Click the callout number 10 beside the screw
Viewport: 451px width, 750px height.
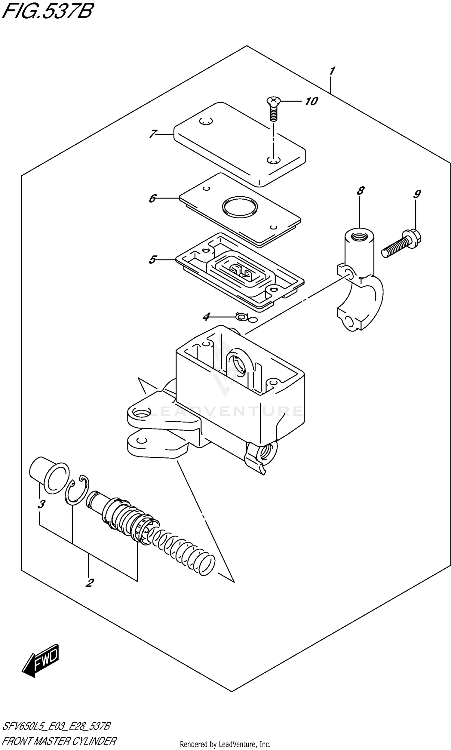click(311, 101)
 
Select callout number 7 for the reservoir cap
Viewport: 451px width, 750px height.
click(153, 134)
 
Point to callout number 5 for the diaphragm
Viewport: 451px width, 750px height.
click(152, 260)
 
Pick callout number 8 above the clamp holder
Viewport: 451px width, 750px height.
click(360, 191)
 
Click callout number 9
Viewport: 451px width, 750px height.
click(417, 194)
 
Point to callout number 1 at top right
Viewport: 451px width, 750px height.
click(332, 71)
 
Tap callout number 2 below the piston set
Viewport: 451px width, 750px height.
click(89, 583)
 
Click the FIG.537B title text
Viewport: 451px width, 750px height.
click(47, 11)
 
